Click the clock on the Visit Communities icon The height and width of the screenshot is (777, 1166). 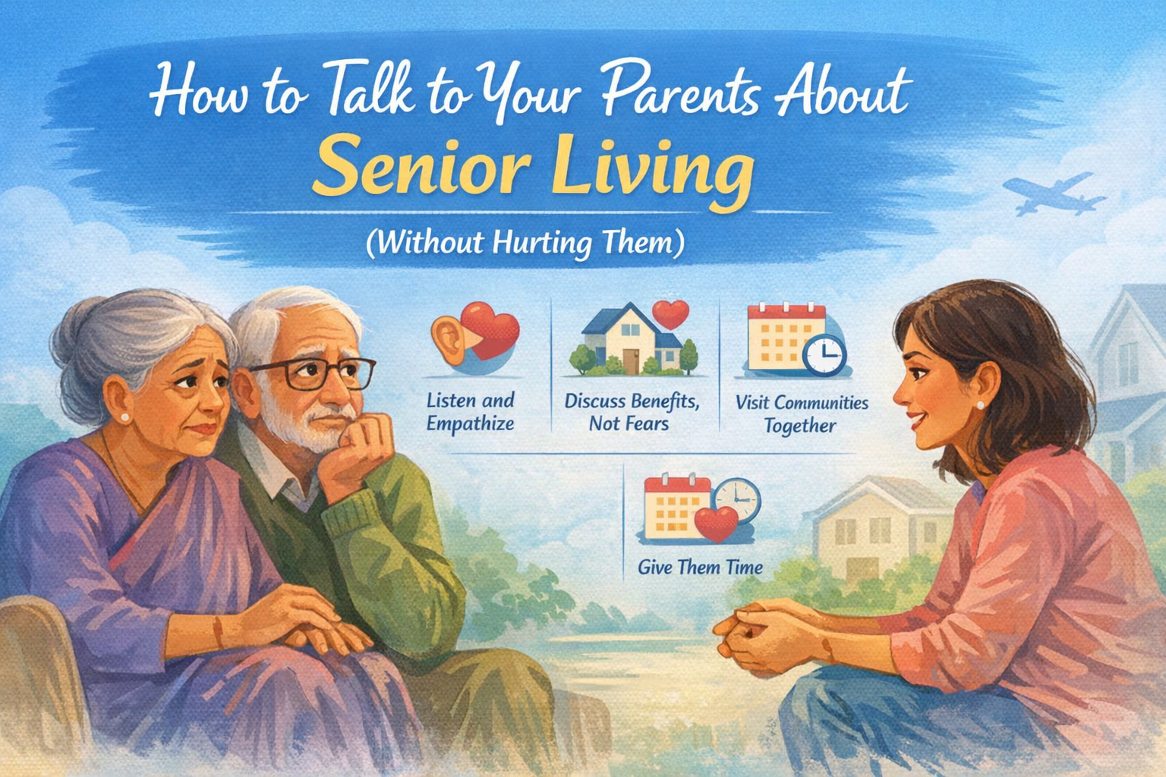pos(824,355)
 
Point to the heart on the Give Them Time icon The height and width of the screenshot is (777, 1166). pos(717,524)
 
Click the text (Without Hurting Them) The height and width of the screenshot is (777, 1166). pos(525,243)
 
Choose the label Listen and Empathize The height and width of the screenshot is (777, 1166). pos(471,412)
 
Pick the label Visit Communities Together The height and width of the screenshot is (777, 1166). pos(802,414)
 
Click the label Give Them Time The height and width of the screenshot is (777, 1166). pos(700,567)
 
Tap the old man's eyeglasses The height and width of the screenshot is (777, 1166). pos(314,373)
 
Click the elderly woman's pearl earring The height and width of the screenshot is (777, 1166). pos(125,417)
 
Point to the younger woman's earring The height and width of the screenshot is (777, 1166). pos(981,405)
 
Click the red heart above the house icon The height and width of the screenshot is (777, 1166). pos(670,314)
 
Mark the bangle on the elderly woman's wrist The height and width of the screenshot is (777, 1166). pos(218,631)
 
